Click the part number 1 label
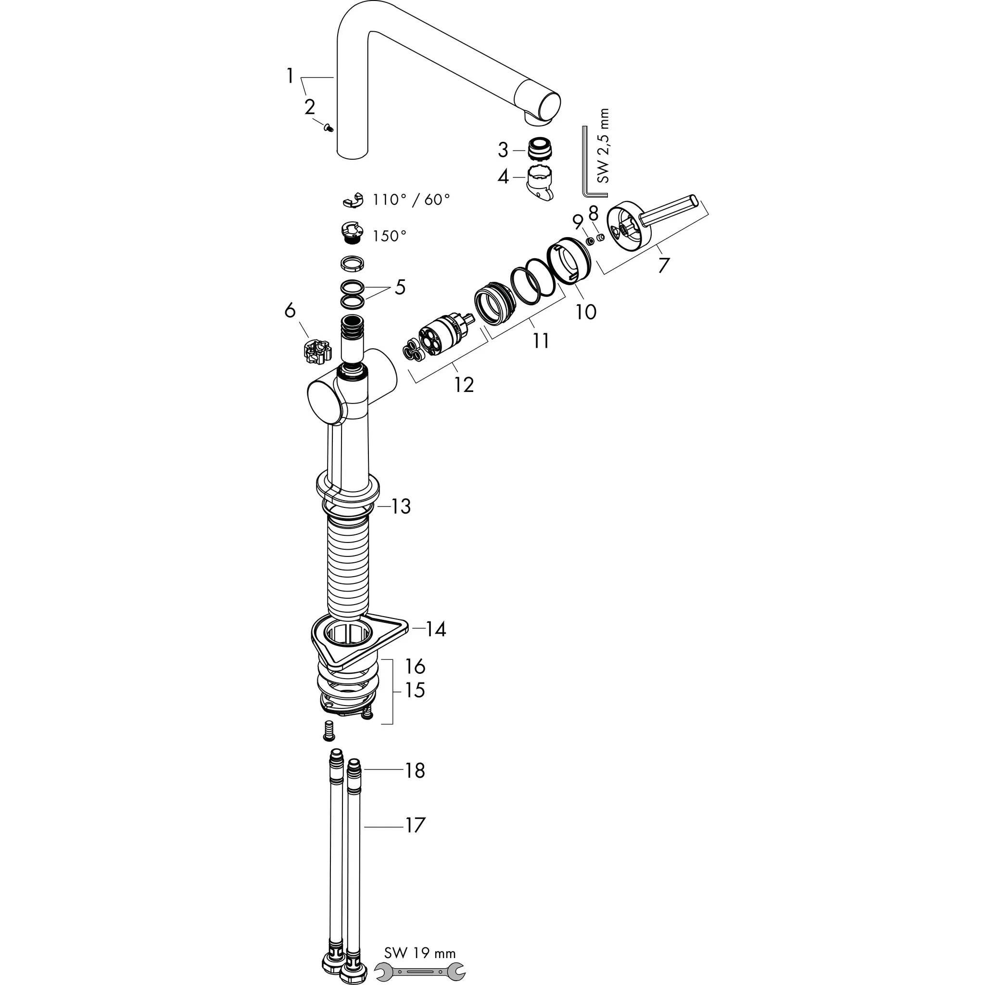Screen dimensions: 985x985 (290, 76)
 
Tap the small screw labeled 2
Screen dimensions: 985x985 (328, 128)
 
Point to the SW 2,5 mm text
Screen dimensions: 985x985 (604, 146)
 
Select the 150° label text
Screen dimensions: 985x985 (390, 236)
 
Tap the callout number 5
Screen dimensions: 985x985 (400, 287)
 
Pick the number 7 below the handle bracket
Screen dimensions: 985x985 (663, 265)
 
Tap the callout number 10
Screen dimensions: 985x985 (586, 312)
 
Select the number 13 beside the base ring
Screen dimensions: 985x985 (401, 507)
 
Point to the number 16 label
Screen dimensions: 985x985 (415, 666)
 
